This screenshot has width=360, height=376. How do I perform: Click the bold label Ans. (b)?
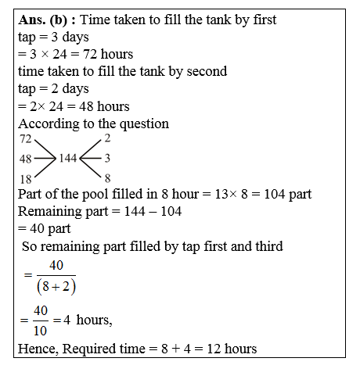click(x=45, y=20)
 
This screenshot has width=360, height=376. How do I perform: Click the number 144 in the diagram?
click(x=70, y=158)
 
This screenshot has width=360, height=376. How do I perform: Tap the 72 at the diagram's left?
click(x=25, y=138)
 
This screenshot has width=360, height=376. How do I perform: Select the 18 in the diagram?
click(x=25, y=178)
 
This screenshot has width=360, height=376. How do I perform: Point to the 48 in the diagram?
click(x=25, y=158)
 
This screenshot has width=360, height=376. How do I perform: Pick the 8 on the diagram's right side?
click(x=107, y=178)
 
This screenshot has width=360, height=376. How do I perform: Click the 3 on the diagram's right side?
click(x=107, y=158)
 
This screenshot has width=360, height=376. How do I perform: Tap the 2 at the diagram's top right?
click(x=107, y=138)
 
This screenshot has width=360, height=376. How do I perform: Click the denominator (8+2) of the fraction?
click(x=56, y=285)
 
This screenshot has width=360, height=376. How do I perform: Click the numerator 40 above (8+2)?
click(x=56, y=266)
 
